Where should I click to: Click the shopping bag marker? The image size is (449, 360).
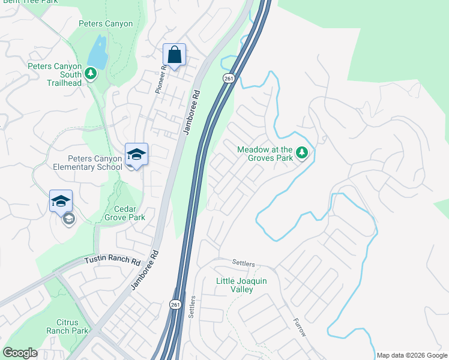pyautogui.click(x=174, y=55)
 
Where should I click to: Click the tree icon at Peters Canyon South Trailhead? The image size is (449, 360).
pyautogui.click(x=91, y=73)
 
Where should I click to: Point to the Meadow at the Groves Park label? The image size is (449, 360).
pyautogui.click(x=265, y=154)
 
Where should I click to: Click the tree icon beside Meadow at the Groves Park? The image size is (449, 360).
pyautogui.click(x=302, y=154)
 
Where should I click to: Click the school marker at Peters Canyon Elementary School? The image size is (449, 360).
pyautogui.click(x=137, y=155)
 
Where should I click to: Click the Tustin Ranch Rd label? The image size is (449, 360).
pyautogui.click(x=112, y=260)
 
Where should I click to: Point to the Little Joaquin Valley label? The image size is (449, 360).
pyautogui.click(x=243, y=285)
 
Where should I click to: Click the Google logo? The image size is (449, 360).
pyautogui.click(x=20, y=353)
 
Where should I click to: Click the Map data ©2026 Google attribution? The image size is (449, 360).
pyautogui.click(x=412, y=355)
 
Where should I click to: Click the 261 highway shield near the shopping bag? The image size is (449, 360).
pyautogui.click(x=228, y=79)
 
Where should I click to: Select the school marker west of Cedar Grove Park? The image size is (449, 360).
pyautogui.click(x=61, y=202)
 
